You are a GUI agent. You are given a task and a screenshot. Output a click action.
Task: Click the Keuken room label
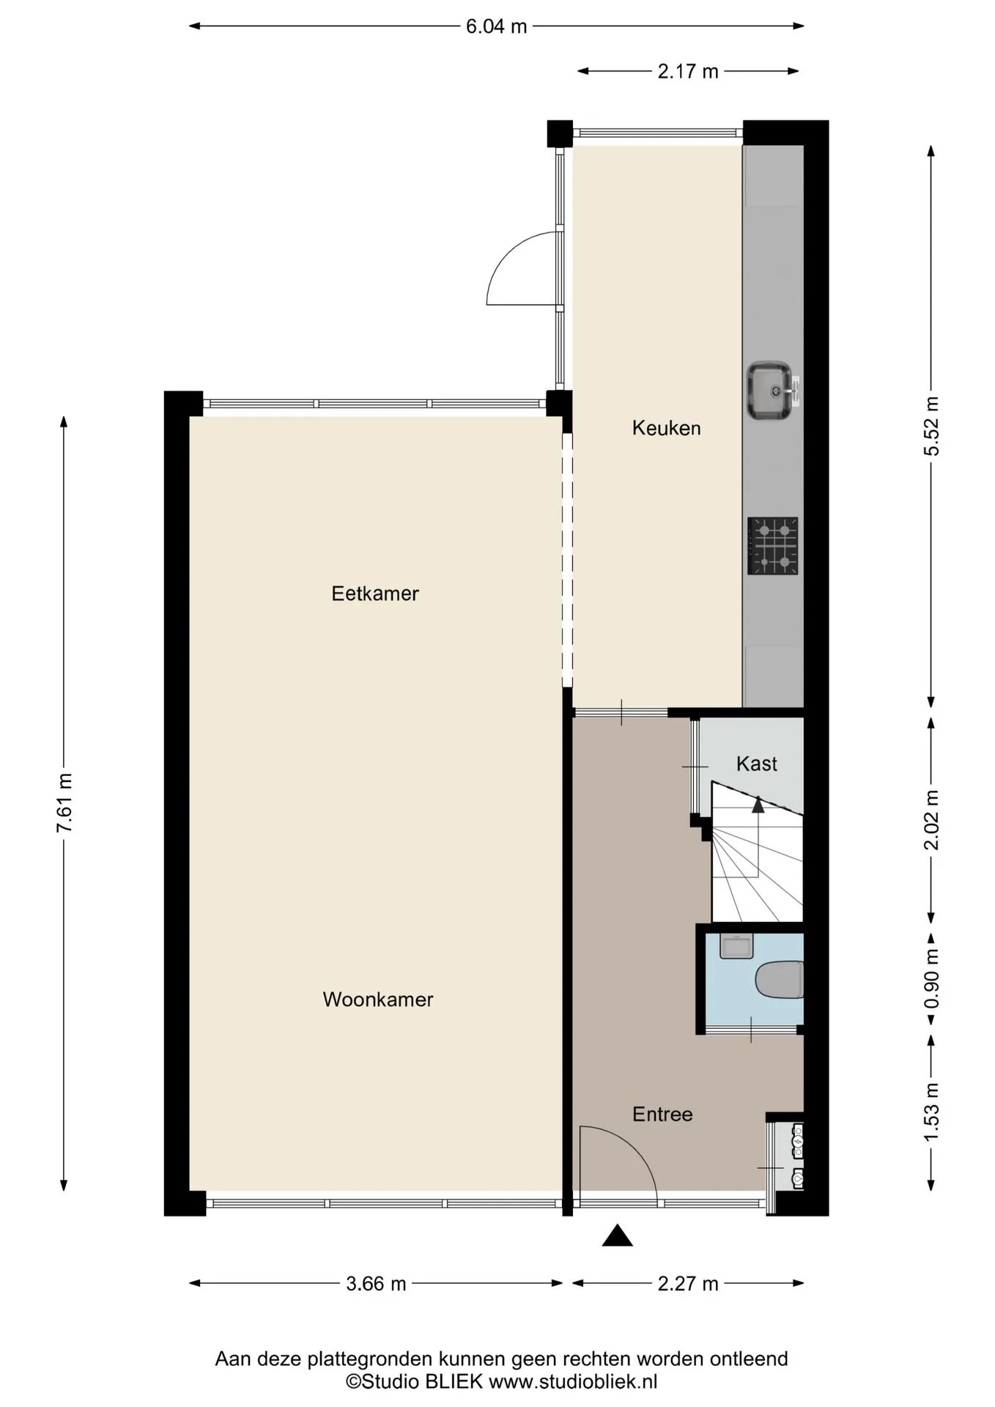click(666, 428)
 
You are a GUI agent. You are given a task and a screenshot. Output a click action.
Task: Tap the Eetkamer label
click(375, 594)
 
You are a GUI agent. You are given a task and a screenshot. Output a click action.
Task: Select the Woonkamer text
click(378, 1000)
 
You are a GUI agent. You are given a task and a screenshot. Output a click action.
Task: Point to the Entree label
click(662, 1115)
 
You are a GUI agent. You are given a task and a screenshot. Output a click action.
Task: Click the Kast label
click(756, 764)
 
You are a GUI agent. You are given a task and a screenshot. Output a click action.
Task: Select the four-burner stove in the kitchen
click(773, 546)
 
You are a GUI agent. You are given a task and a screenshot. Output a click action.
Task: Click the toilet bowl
click(780, 980)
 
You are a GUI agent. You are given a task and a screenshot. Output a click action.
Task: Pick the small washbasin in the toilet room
click(736, 946)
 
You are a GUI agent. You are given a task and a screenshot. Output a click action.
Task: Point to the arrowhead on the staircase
click(758, 805)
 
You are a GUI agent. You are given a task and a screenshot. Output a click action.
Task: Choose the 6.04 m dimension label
click(497, 26)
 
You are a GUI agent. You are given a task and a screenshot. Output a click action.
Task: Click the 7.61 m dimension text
click(64, 803)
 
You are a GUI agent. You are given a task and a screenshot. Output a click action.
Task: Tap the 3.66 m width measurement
click(376, 1284)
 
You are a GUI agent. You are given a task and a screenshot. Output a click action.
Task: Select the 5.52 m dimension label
click(931, 426)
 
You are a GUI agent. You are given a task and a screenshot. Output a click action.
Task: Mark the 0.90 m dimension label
click(931, 978)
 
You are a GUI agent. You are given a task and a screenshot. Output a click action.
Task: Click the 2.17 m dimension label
click(688, 72)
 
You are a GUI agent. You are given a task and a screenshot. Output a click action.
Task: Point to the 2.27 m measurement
click(688, 1284)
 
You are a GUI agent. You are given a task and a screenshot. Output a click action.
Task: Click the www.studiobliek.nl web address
click(573, 1382)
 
